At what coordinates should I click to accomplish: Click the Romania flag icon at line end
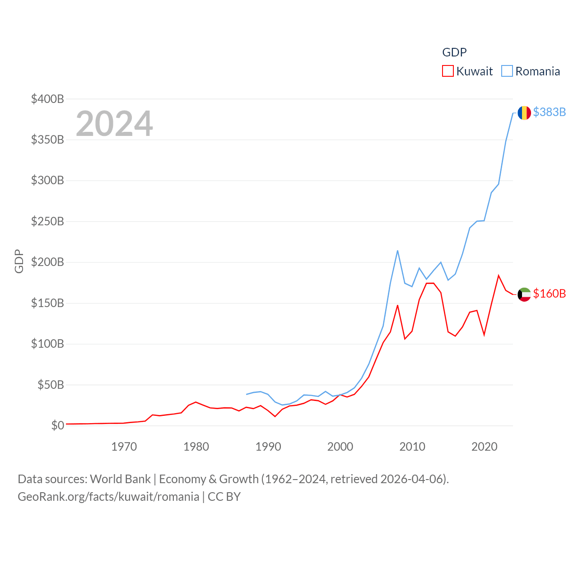(x=524, y=112)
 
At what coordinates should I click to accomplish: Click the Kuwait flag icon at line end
(x=524, y=294)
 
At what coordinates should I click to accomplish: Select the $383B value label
(x=549, y=112)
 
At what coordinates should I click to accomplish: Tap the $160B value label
(x=549, y=294)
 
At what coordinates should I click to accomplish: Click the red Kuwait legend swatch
(x=447, y=71)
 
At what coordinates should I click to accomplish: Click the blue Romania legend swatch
(x=507, y=71)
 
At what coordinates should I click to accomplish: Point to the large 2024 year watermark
(x=114, y=124)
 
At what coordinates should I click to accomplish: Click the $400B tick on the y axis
(x=47, y=99)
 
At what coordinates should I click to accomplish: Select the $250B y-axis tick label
(x=47, y=221)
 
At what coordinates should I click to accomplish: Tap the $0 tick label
(x=57, y=425)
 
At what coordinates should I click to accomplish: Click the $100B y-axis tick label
(x=47, y=344)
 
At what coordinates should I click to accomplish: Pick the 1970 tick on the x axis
(x=124, y=447)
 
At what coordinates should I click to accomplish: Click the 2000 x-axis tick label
(x=340, y=447)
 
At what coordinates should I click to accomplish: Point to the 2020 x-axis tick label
(x=484, y=447)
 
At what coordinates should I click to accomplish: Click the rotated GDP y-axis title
(x=19, y=261)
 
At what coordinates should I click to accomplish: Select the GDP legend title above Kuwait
(x=454, y=52)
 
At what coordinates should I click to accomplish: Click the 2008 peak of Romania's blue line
(x=397, y=251)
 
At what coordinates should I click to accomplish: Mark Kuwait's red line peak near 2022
(x=499, y=275)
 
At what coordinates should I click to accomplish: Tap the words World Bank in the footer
(x=120, y=479)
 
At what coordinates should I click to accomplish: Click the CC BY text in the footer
(x=224, y=497)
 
